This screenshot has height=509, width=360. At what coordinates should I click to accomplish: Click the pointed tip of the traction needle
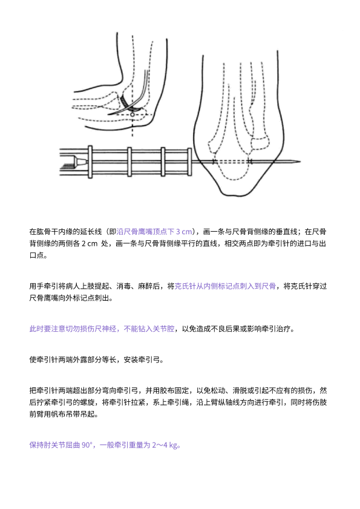point(300,162)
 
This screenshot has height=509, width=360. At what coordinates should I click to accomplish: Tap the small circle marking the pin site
point(132,115)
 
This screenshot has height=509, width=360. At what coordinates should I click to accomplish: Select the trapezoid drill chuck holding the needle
point(80,161)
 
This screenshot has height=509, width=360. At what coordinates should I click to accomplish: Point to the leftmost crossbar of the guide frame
point(90,162)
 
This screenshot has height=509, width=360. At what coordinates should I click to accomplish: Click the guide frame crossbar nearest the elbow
point(190,162)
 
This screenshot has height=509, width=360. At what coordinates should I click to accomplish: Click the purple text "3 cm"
point(184,232)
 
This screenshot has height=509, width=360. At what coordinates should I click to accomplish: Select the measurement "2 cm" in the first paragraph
point(89,243)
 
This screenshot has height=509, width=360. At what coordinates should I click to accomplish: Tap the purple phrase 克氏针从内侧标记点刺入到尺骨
point(225,286)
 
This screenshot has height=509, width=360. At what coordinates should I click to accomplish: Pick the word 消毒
point(123,286)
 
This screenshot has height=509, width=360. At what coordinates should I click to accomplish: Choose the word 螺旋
point(87,402)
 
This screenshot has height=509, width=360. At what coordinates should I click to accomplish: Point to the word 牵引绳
point(178,402)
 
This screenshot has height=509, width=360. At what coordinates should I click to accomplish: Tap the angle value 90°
point(87,445)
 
